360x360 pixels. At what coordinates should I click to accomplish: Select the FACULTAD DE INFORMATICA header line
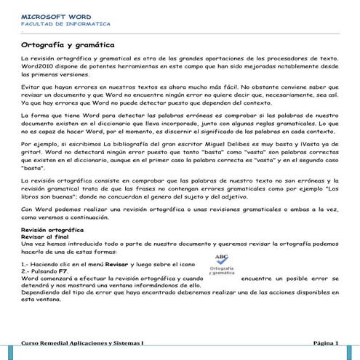(x=60, y=23)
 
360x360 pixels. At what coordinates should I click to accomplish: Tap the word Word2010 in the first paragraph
(x=36, y=64)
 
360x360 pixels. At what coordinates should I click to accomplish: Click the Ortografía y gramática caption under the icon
(x=220, y=272)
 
